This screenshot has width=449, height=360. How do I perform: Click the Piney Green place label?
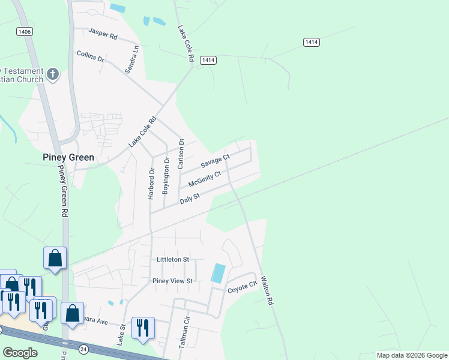pos(68,157)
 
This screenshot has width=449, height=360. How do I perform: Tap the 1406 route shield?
pos(24,31)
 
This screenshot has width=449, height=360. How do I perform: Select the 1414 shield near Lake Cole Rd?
pos(208,60)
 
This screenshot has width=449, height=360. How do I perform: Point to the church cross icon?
pos(53,74)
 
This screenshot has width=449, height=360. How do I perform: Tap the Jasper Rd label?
pos(103,33)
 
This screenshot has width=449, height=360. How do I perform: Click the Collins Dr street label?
pos(91,57)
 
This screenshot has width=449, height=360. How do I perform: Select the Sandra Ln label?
pos(132,59)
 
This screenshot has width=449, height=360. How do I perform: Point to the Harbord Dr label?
pos(151,182)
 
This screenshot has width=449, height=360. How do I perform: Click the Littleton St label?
pos(172,259)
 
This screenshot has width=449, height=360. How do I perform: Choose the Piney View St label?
pos(172,281)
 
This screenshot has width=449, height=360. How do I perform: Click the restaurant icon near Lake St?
pos(143,328)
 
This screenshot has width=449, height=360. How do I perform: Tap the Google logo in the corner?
pos(20,353)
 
